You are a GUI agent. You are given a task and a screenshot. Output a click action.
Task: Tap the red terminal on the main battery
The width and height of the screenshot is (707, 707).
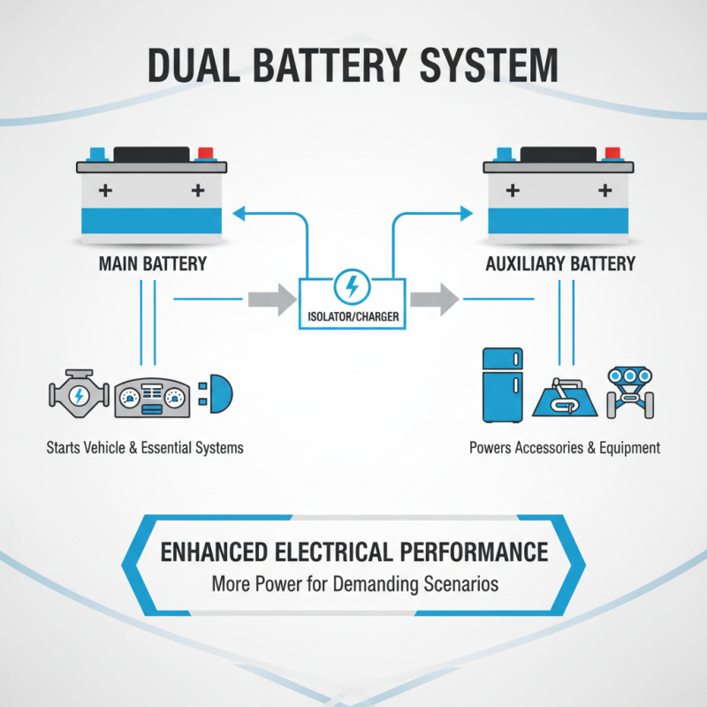coord(205,153)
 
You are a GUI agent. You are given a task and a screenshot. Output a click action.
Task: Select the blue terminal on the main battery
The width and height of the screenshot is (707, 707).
coord(97,153)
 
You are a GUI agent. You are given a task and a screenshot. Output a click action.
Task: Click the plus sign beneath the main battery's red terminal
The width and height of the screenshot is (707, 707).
coord(198,190)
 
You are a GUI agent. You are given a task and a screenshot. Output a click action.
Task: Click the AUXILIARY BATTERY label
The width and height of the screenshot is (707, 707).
coord(560,263)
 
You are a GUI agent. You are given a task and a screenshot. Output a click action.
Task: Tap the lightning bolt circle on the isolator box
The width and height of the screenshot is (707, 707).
coord(351,286)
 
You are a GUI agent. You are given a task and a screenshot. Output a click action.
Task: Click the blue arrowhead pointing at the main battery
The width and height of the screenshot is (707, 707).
coord(238,212)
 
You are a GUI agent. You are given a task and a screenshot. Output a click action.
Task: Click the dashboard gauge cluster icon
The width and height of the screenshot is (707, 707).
coord(153,398)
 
